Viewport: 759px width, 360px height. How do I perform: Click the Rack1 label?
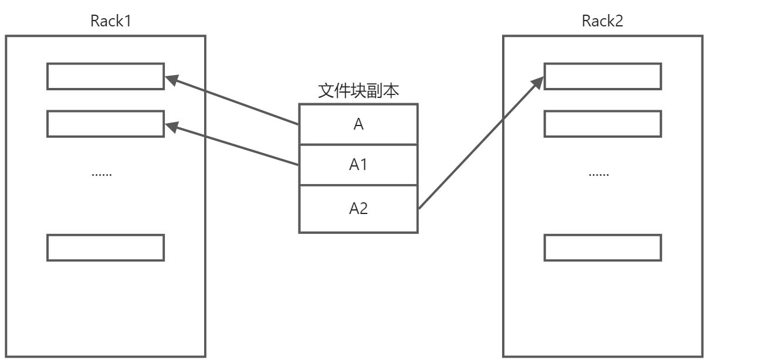(x=111, y=22)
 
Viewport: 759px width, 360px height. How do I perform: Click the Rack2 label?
(x=602, y=22)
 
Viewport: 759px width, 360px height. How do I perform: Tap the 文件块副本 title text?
(x=359, y=91)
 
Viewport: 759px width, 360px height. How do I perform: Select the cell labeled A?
(x=358, y=124)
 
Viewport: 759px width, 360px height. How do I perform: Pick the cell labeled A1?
(x=358, y=165)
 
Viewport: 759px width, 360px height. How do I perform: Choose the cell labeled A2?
(x=358, y=209)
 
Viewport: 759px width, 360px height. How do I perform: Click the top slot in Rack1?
(x=106, y=76)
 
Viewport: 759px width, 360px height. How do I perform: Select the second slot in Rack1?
(x=106, y=124)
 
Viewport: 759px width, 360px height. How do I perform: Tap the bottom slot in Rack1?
(x=106, y=247)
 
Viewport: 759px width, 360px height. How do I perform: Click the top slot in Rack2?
(x=602, y=76)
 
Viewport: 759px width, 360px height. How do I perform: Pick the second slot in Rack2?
(x=602, y=124)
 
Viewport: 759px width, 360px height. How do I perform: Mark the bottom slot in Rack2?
(x=602, y=247)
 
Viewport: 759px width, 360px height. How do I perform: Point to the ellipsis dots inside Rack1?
(x=102, y=174)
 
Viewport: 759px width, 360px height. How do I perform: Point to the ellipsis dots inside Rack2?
(x=599, y=174)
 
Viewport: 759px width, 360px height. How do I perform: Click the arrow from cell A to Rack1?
(x=235, y=101)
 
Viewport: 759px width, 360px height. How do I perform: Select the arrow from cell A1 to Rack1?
(x=235, y=145)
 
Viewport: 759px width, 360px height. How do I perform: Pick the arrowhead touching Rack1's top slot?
(x=172, y=79)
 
